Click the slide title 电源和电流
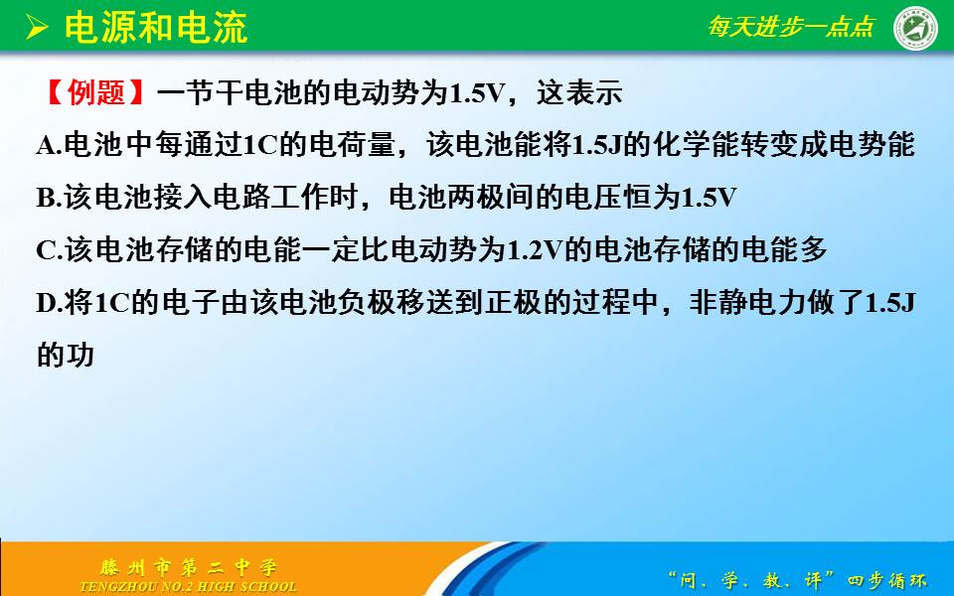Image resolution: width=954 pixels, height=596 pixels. tap(156, 28)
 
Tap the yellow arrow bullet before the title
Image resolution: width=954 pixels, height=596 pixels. tap(37, 28)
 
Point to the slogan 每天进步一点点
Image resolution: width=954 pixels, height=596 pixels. tap(790, 27)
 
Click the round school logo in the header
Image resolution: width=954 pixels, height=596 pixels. tap(915, 28)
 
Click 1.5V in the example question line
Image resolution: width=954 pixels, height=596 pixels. tap(477, 93)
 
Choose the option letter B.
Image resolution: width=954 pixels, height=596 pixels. tap(46, 199)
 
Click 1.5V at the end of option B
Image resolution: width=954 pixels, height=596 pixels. tap(709, 199)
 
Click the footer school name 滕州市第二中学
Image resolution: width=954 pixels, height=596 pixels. tap(189, 568)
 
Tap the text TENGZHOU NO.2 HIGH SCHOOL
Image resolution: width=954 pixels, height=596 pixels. tap(189, 587)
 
